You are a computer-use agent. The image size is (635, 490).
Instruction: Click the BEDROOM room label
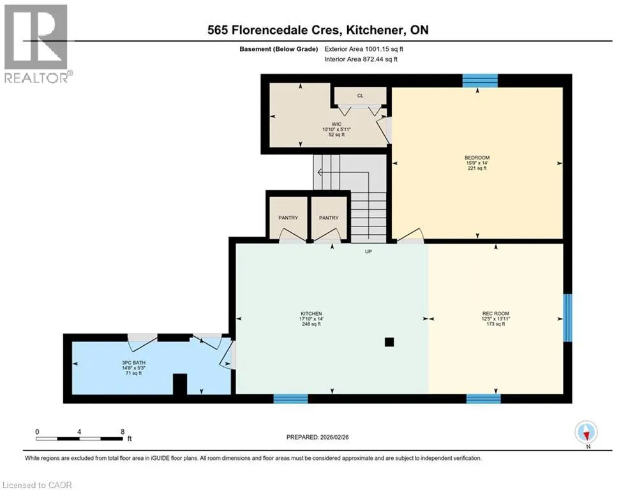point(477,158)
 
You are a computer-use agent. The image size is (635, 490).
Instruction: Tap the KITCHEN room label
point(311,313)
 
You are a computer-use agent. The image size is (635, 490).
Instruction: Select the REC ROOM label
point(496,313)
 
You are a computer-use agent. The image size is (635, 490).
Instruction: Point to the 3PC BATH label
point(133,363)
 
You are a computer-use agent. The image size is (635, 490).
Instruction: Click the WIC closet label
point(336,124)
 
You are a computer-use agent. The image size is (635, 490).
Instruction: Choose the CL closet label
point(360,96)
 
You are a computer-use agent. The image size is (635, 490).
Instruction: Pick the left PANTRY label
point(288,218)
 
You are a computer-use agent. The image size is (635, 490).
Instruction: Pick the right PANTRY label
point(329,218)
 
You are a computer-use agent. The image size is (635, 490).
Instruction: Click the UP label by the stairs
point(368,251)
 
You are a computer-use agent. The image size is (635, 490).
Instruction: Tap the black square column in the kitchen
point(389,342)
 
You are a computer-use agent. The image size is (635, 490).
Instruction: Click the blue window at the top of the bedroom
point(480,80)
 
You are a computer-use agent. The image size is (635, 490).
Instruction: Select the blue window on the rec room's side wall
point(568,318)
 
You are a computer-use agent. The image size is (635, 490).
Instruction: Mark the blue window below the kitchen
point(291,399)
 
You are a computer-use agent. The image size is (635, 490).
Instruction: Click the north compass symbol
point(586,433)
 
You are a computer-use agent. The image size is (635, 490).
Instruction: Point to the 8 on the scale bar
point(123,432)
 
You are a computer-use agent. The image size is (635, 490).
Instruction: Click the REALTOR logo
point(36,44)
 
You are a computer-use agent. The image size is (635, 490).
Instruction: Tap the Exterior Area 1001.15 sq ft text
point(364,49)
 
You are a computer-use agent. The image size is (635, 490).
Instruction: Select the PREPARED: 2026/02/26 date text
point(318,437)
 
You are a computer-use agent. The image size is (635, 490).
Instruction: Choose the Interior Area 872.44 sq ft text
point(361,59)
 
